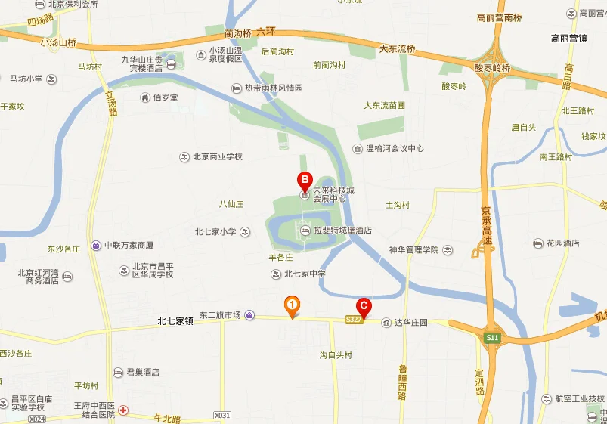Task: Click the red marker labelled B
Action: point(303,181)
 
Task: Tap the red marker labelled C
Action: point(364,306)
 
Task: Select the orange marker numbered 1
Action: point(292,305)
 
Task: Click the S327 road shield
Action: point(355,320)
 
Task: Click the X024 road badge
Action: point(36,418)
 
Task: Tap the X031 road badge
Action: point(221,415)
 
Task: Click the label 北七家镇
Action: point(176,321)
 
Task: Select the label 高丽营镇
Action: point(569,38)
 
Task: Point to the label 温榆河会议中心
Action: point(395,149)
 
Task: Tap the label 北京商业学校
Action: point(217,157)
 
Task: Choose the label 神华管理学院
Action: point(413,249)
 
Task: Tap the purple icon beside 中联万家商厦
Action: point(97,245)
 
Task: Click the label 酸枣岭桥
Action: point(492,68)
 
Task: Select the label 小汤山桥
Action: point(60,42)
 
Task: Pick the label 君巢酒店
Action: point(142,373)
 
